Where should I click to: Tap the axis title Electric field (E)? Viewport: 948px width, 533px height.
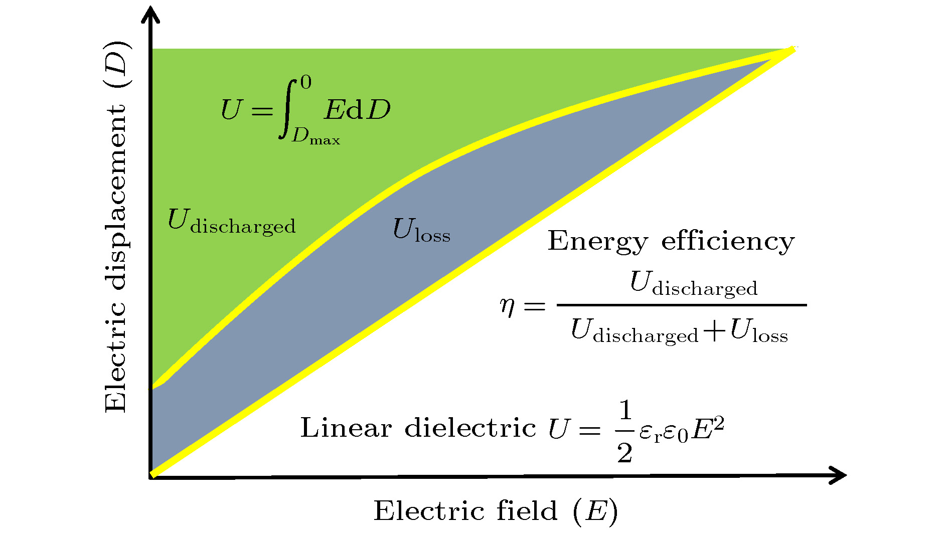[496, 511]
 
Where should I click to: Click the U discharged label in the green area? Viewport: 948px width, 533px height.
[231, 222]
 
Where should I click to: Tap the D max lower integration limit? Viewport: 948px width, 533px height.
[315, 136]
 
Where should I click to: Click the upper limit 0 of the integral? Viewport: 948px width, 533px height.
[305, 82]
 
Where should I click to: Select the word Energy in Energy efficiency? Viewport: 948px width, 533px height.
[597, 242]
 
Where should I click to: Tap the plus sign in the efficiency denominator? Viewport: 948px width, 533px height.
[714, 331]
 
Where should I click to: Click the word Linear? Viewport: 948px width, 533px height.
[346, 428]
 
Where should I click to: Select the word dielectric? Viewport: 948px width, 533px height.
[470, 428]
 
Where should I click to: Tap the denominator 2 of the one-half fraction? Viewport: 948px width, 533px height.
[625, 453]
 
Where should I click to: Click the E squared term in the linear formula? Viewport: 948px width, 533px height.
[708, 429]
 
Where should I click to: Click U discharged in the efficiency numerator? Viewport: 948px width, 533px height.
[693, 284]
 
